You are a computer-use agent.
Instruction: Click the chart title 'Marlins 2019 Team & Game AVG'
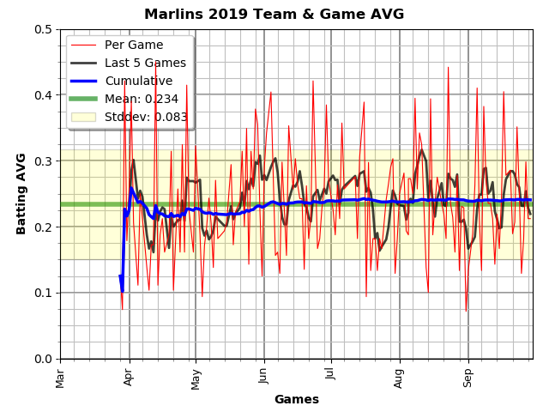pos(274,14)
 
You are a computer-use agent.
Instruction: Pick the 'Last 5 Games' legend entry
pos(145,63)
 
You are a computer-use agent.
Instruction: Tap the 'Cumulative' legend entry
pos(138,81)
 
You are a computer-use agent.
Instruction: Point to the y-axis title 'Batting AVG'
pos(21,193)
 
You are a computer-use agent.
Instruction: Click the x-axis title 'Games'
pos(296,399)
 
